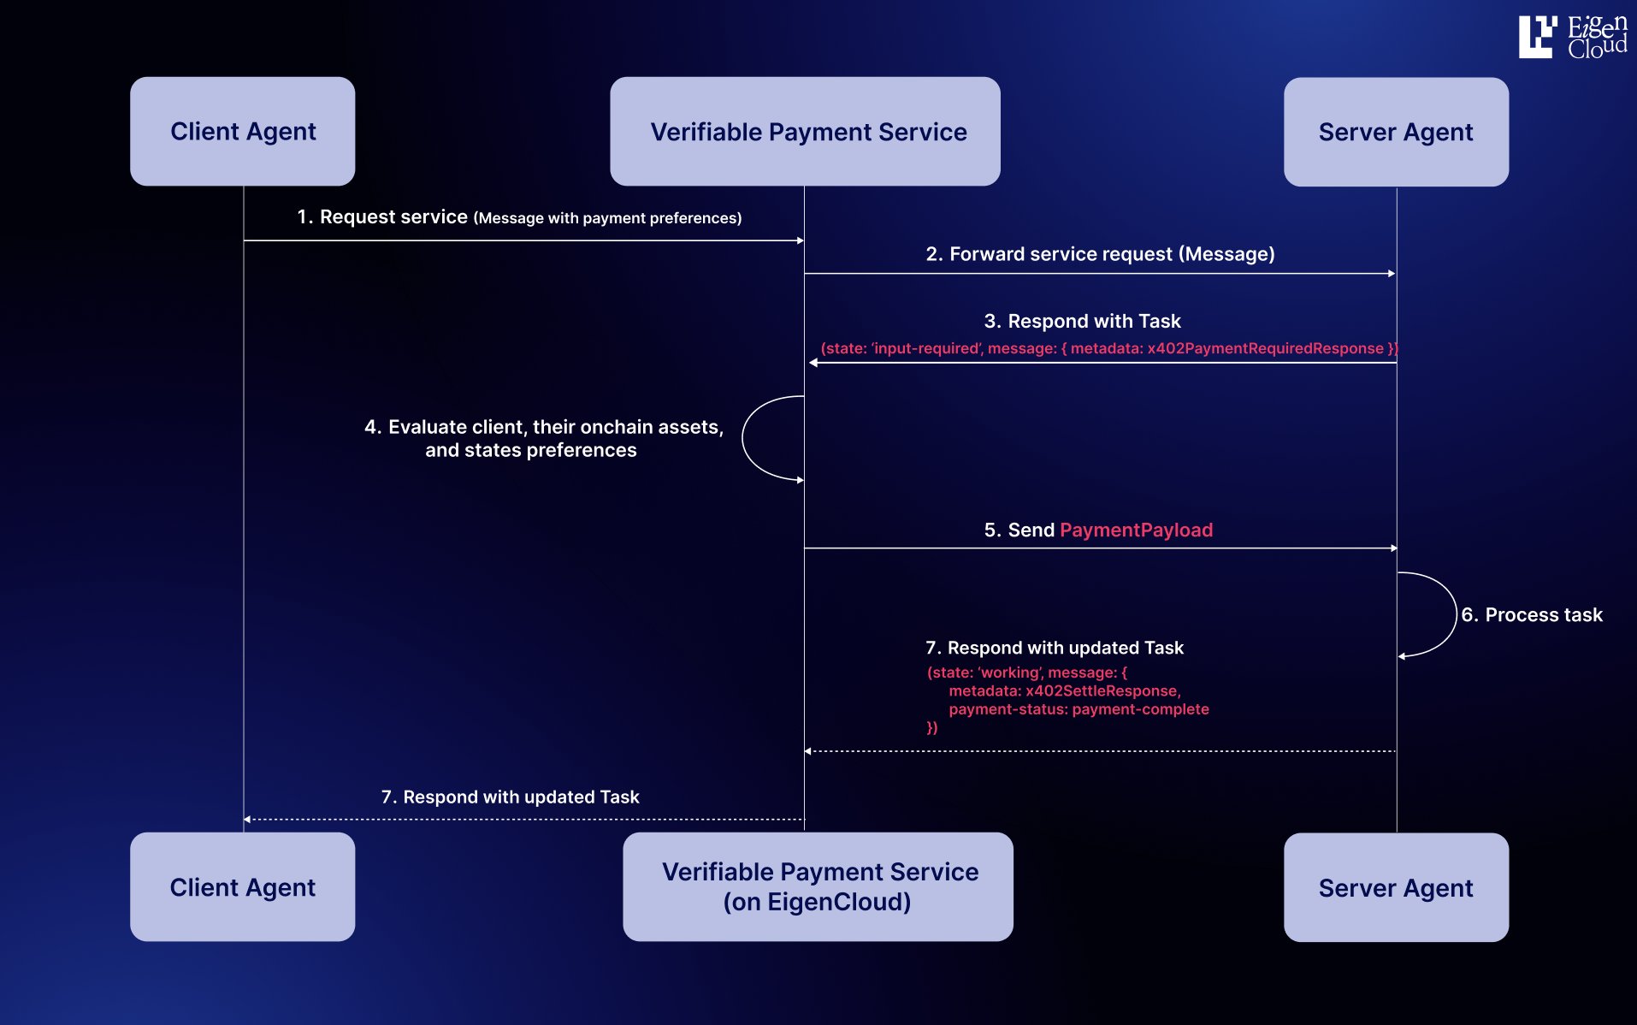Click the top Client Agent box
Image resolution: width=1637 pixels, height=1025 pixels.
(242, 131)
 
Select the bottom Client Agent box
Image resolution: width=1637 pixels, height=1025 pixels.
(242, 887)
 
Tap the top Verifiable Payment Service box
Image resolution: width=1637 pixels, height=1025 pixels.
(805, 131)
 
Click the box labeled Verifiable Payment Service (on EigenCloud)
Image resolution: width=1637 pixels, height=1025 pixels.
(818, 886)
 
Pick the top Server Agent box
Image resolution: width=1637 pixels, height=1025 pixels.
(1396, 132)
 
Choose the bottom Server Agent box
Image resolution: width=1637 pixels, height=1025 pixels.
(1396, 888)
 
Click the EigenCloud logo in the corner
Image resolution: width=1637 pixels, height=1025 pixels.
(1572, 37)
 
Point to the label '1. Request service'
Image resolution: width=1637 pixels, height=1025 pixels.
(382, 217)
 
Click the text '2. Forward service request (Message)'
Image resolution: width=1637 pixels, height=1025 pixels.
(1100, 254)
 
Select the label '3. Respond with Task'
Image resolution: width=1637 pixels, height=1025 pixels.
(1082, 322)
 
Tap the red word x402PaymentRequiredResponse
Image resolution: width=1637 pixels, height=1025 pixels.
(1265, 348)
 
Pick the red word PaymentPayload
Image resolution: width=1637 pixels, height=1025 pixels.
(1136, 530)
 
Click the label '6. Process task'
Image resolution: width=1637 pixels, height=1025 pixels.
(1531, 615)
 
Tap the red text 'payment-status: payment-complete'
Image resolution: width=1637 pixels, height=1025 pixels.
(1079, 709)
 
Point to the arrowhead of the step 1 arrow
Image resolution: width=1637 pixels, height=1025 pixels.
(800, 241)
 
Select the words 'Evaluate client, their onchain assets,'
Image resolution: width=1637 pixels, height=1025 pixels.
(555, 427)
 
